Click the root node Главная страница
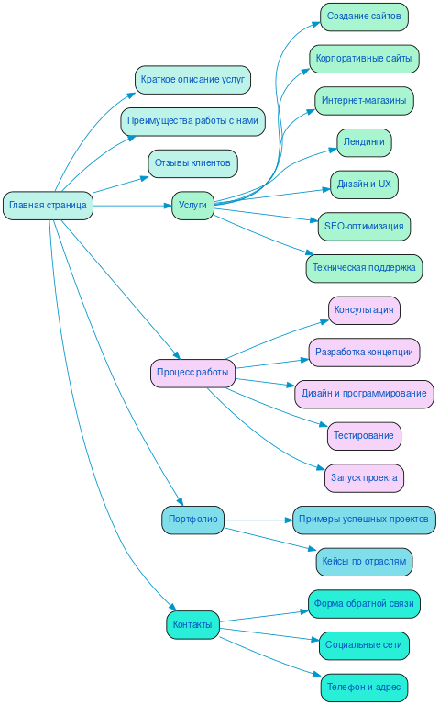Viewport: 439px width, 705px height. pos(48,206)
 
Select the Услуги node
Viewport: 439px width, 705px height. pos(192,206)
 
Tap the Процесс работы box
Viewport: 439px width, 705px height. pos(192,373)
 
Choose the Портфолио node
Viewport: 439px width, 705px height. pos(192,520)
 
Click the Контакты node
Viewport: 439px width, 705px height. pos(192,625)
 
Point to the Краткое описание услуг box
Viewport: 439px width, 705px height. pos(192,79)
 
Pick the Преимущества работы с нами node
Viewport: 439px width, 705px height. pos(192,121)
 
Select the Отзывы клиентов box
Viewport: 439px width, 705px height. pos(192,163)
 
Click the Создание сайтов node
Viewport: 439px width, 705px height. pos(364,17)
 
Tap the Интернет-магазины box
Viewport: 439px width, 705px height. pos(364,100)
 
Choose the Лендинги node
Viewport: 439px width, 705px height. pos(364,142)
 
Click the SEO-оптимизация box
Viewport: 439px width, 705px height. pos(364,226)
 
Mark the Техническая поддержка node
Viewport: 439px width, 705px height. pos(364,268)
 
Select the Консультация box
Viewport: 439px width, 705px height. pos(364,310)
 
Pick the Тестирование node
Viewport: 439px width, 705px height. pos(364,436)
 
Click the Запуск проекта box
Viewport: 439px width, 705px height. pos(364,478)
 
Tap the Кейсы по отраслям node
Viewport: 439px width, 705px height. pos(364,562)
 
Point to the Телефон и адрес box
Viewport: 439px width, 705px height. pos(364,688)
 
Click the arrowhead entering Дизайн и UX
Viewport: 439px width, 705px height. pos(325,188)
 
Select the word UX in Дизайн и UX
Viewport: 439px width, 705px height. pos(384,185)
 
